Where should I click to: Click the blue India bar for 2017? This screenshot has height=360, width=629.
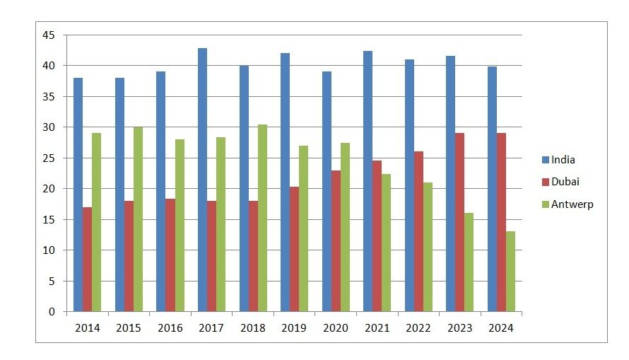click(x=202, y=180)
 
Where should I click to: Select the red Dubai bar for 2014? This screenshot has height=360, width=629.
click(x=87, y=259)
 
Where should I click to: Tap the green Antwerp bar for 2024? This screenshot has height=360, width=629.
click(x=510, y=271)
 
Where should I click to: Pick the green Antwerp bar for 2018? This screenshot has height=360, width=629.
click(x=262, y=218)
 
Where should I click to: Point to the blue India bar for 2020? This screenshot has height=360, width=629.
click(x=327, y=191)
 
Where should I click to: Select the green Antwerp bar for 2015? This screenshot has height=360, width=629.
click(x=138, y=219)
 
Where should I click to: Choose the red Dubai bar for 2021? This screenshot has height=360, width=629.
click(x=377, y=236)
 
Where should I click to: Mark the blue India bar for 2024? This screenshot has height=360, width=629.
click(x=492, y=189)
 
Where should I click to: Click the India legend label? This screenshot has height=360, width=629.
click(x=563, y=160)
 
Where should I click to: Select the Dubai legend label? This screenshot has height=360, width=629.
click(x=566, y=182)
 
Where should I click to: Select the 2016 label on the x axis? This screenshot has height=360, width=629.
click(x=170, y=328)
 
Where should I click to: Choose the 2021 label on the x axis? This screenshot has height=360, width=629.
click(x=377, y=328)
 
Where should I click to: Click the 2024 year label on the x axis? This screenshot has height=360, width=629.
click(x=501, y=328)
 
